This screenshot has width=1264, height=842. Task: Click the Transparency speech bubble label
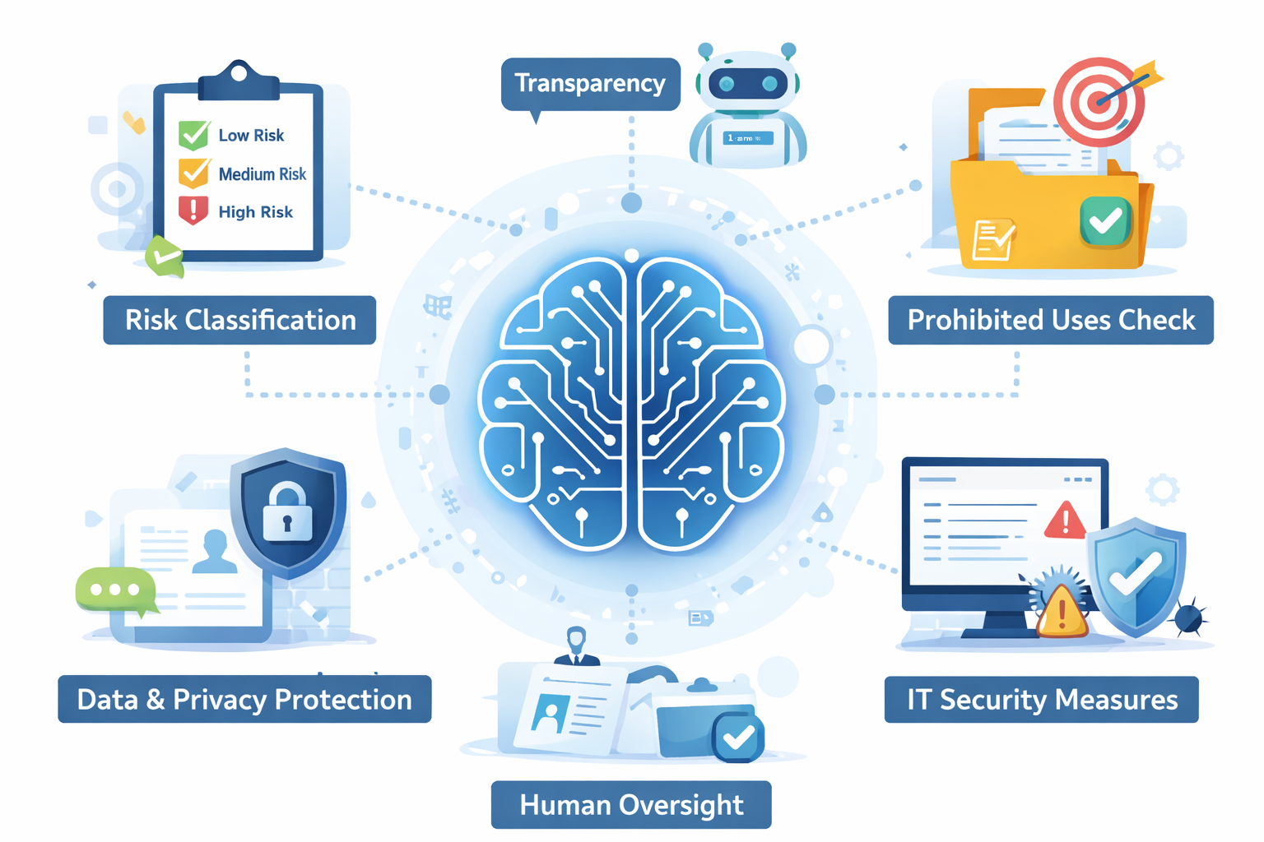pyautogui.click(x=590, y=84)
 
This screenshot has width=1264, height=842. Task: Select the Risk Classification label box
pyautogui.click(x=239, y=320)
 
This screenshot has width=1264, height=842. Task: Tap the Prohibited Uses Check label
pyautogui.click(x=1051, y=320)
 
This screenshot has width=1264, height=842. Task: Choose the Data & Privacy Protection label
pyautogui.click(x=244, y=700)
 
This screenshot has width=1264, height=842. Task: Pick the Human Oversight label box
pyautogui.click(x=631, y=805)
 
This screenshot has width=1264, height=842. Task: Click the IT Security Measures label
pyautogui.click(x=1042, y=700)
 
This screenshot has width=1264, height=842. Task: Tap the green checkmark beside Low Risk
pyautogui.click(x=194, y=134)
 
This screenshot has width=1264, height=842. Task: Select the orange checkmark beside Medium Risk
pyautogui.click(x=194, y=173)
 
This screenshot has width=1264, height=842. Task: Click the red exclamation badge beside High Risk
pyautogui.click(x=193, y=210)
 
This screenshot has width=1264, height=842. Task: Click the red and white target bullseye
pyautogui.click(x=1099, y=102)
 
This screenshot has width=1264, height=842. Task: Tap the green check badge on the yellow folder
pyautogui.click(x=1105, y=220)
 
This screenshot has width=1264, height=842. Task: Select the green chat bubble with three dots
pyautogui.click(x=115, y=590)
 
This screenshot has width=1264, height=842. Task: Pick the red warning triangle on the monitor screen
pyautogui.click(x=1066, y=520)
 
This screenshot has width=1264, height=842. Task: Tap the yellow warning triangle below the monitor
pyautogui.click(x=1062, y=613)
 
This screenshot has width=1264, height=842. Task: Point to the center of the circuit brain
pyautogui.click(x=632, y=403)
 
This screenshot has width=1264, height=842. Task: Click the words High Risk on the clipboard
pyautogui.click(x=255, y=212)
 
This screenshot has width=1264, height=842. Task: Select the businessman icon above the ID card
pyautogui.click(x=576, y=646)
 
